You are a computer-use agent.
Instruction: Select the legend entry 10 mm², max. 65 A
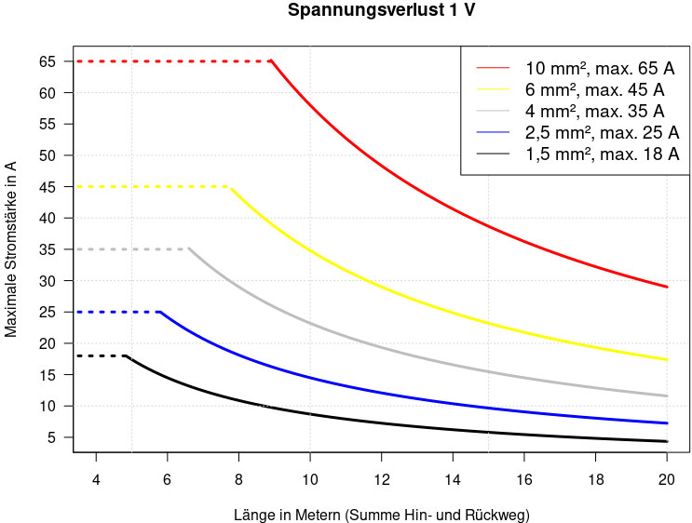point(600,69)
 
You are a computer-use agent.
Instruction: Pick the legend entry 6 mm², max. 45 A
point(594,90)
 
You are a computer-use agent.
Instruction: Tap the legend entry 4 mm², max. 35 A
point(594,112)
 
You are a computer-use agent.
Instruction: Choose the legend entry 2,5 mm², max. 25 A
point(602,133)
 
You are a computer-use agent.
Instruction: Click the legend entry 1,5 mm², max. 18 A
point(602,154)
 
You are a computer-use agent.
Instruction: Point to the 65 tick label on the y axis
point(48,61)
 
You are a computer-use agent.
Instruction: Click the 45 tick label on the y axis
point(48,187)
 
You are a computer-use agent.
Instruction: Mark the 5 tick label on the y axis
point(53,437)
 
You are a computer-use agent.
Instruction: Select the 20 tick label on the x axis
point(667,479)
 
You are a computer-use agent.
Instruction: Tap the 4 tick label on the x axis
point(96,479)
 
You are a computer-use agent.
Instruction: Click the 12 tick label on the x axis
point(382,479)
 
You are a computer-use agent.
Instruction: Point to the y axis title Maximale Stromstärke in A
point(12,248)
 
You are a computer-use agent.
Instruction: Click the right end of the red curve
point(667,287)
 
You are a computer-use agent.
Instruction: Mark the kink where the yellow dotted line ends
point(229,187)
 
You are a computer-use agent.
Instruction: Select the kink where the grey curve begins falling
point(189,249)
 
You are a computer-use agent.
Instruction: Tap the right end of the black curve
point(667,441)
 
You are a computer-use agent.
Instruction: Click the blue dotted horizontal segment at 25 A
point(116,312)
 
